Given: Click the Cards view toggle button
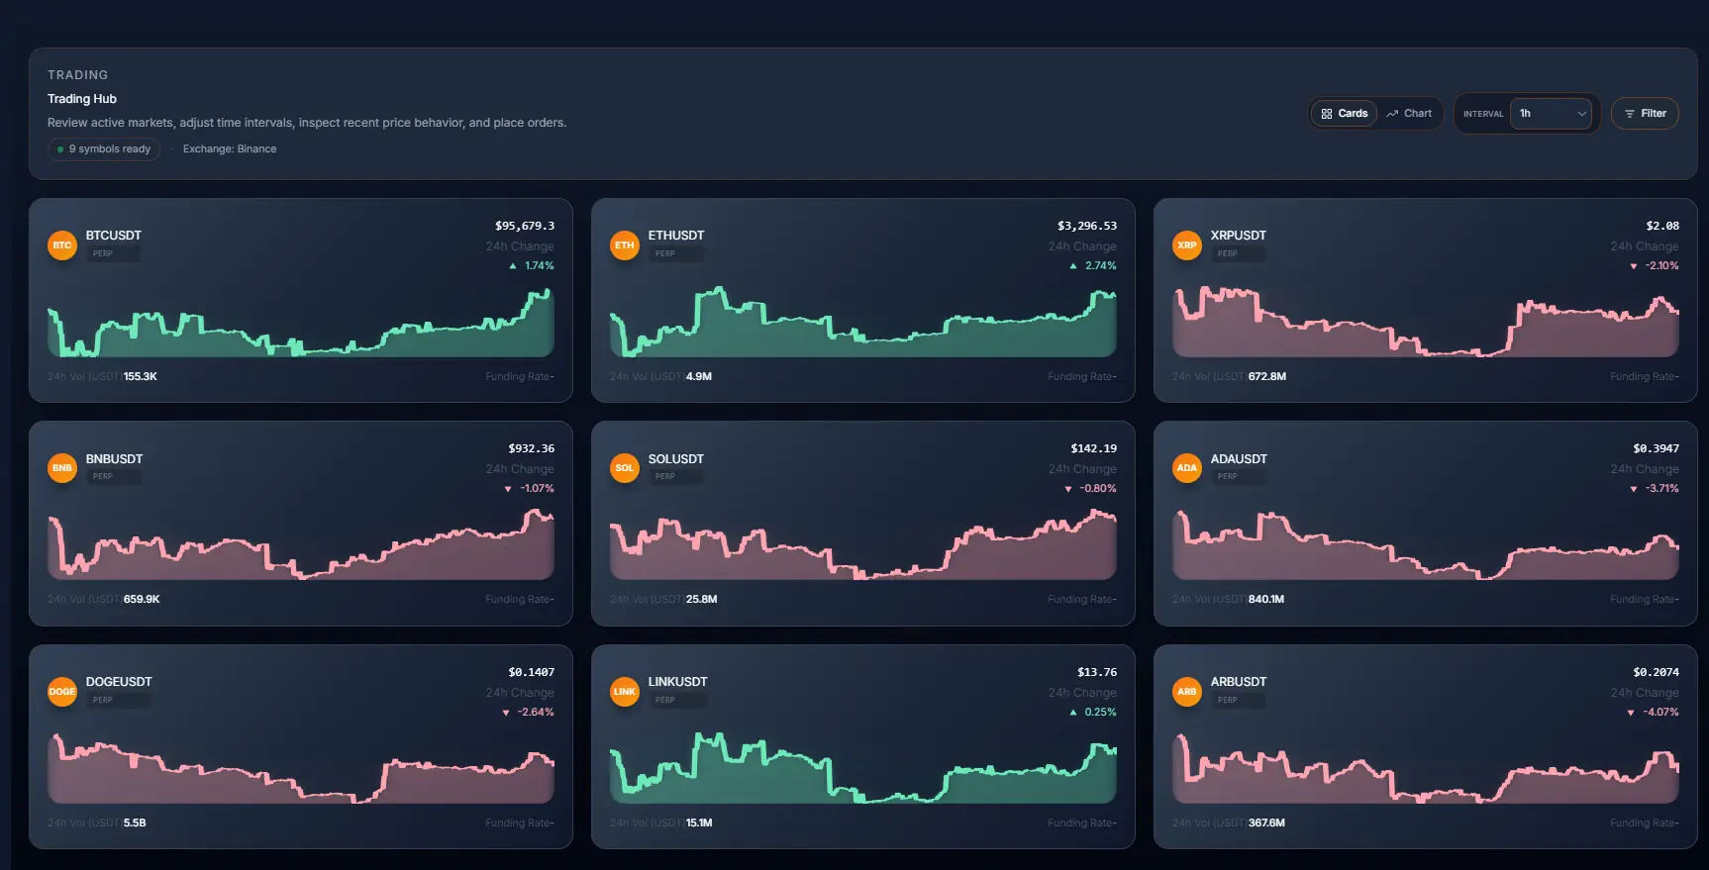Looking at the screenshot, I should click(1344, 114).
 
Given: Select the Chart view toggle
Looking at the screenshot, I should click(1409, 114).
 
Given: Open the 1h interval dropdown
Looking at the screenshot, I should click(1551, 114).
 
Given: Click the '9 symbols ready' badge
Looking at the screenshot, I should click(104, 149).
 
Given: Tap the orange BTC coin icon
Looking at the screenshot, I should click(62, 245).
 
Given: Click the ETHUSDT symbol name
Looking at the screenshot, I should click(676, 236).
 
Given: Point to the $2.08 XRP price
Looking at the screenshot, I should click(1661, 226).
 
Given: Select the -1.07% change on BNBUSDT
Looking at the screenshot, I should click(537, 489).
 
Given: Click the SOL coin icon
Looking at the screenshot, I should click(625, 468).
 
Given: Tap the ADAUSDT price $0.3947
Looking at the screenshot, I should click(1656, 448).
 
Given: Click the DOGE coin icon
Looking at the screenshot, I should click(62, 692).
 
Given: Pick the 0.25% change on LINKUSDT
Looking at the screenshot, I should click(1099, 713).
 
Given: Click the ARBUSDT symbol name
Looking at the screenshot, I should click(1238, 682).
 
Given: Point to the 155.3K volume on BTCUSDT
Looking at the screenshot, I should click(140, 377).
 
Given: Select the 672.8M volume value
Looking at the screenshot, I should click(1266, 377).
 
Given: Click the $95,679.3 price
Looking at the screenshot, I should click(524, 226).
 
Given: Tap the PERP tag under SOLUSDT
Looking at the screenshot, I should click(665, 477).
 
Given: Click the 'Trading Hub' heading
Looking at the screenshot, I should click(82, 99).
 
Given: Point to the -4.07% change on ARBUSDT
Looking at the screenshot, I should click(1660, 713).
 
